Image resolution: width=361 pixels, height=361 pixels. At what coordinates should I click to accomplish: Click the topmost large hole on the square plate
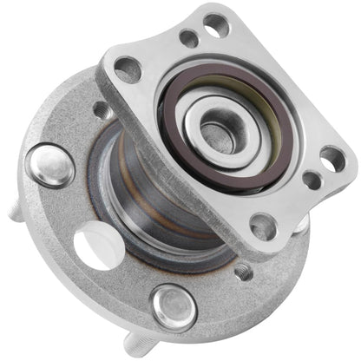(x=216, y=23)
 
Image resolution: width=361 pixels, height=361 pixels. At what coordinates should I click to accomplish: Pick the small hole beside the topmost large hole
(x=187, y=39)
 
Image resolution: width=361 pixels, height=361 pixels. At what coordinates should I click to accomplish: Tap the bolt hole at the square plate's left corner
(x=127, y=69)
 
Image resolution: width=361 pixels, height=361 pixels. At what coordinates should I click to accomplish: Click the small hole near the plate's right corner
(x=310, y=180)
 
